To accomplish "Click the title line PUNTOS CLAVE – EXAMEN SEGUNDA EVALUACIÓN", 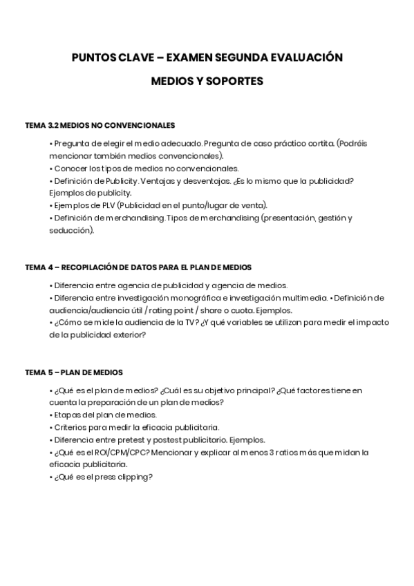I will pyautogui.click(x=207, y=57).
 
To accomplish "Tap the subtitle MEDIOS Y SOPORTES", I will pyautogui.click(x=207, y=82).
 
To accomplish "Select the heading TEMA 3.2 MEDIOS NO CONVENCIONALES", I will pyautogui.click(x=100, y=125).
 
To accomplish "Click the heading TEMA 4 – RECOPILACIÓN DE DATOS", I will pyautogui.click(x=138, y=267).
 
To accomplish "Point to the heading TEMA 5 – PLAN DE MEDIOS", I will pyautogui.click(x=74, y=372).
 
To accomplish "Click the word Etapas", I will pyautogui.click(x=67, y=415).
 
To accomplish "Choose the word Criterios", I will pyautogui.click(x=70, y=428).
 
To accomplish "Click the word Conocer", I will pyautogui.click(x=70, y=168).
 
